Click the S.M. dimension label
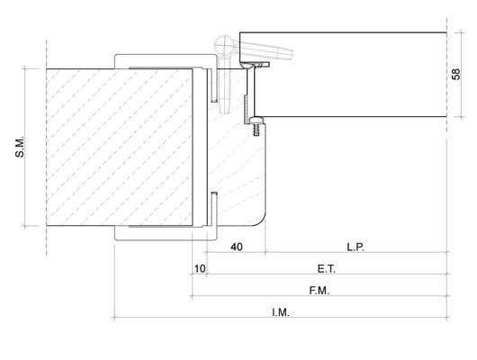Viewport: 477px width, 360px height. [20, 148]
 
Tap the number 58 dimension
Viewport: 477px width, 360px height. [456, 74]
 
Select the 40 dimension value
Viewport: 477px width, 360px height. [237, 247]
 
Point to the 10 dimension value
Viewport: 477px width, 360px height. [200, 269]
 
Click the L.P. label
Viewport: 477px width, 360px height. [355, 247]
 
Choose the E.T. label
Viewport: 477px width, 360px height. [327, 269]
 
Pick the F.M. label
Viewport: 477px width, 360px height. [319, 291]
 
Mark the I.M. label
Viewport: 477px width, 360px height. [281, 312]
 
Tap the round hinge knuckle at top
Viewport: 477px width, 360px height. [224, 46]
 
